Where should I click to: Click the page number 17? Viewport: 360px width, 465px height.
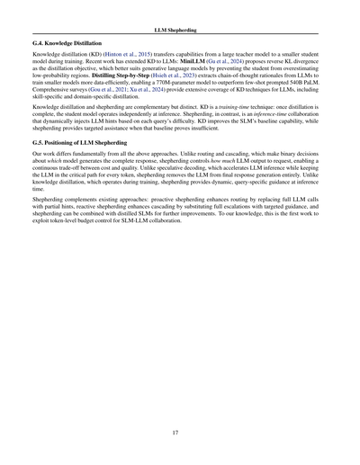click(180, 432)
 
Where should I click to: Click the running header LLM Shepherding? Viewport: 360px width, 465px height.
click(180, 30)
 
